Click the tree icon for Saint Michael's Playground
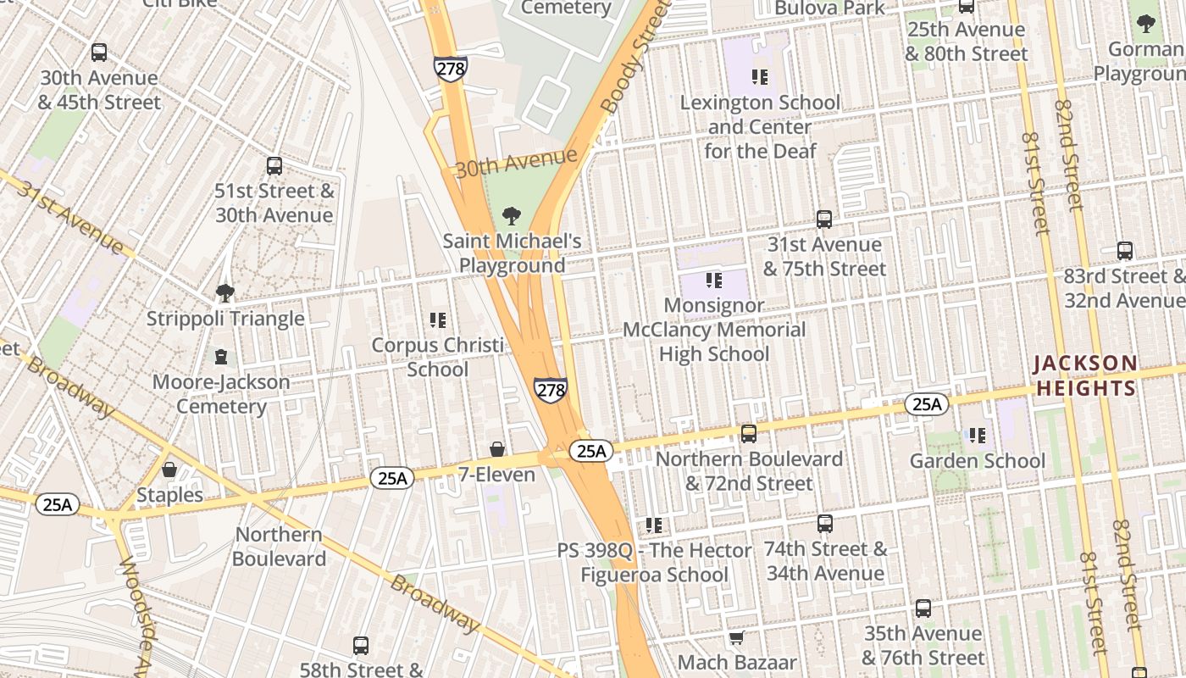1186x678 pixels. point(512,216)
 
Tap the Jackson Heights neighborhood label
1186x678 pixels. point(1085,376)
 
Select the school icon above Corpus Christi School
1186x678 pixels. point(438,320)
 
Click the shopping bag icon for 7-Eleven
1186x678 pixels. point(497,449)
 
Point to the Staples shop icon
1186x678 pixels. point(169,470)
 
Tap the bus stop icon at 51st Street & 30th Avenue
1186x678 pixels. point(274,166)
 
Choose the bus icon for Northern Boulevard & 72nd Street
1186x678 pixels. point(749,434)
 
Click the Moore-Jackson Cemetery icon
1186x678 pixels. point(221,356)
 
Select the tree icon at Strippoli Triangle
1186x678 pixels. point(225,293)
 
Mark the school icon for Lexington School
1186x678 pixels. point(760,77)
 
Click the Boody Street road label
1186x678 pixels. point(628,64)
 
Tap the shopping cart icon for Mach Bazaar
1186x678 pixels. point(737,636)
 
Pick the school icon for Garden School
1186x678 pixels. point(978,436)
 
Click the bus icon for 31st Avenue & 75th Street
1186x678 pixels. point(824,220)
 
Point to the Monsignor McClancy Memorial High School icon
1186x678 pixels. point(714,280)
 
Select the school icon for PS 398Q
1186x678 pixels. point(654,525)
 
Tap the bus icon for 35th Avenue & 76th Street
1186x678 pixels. point(923,609)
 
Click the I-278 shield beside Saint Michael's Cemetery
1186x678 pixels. point(450,69)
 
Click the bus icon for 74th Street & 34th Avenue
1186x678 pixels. point(825,524)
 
